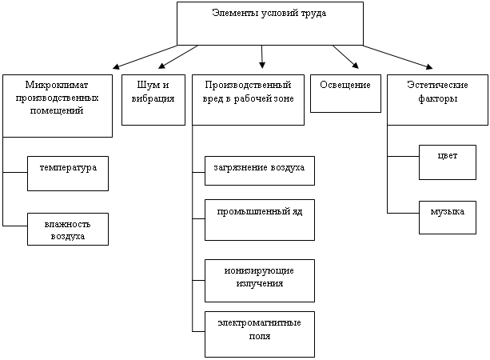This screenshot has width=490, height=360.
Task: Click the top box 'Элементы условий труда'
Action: click(x=270, y=23)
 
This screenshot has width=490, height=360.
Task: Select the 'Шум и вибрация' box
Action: click(x=153, y=100)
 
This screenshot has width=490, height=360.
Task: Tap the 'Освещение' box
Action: click(x=345, y=94)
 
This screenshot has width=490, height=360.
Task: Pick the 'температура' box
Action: click(x=68, y=174)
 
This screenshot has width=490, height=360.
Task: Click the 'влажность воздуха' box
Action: click(x=68, y=230)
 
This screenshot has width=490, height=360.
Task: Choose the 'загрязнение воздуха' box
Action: click(x=260, y=170)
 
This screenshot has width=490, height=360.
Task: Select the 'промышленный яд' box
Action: click(x=260, y=220)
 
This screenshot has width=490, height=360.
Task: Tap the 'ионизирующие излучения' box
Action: click(x=260, y=281)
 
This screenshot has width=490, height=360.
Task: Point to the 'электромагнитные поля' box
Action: click(x=260, y=334)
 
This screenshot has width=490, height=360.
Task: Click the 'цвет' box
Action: click(x=448, y=162)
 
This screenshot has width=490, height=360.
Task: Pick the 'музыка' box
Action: click(x=448, y=218)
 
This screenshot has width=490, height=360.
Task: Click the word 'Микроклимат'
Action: click(x=57, y=85)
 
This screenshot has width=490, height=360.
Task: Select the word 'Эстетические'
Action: click(x=437, y=85)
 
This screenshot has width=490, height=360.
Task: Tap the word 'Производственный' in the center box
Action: click(x=248, y=85)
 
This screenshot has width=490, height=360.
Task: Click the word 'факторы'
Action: click(x=437, y=99)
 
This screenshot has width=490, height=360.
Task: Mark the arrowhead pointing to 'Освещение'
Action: click(x=356, y=65)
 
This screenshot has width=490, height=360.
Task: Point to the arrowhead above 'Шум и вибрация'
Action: click(x=161, y=66)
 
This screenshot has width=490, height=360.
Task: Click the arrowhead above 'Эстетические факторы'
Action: click(x=429, y=66)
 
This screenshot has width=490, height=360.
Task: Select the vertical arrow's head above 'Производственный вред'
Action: click(x=262, y=65)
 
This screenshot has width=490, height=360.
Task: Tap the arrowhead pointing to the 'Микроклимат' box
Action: click(x=116, y=66)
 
